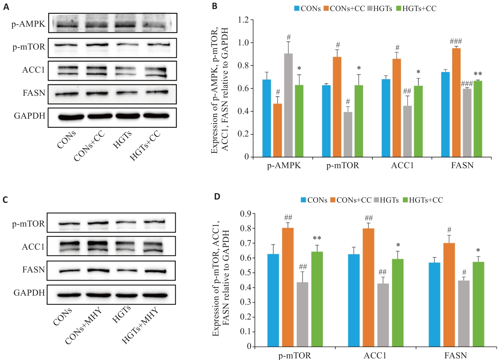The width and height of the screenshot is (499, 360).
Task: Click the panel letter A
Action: [x=6, y=7]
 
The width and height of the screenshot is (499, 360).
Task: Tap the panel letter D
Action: [x=217, y=197]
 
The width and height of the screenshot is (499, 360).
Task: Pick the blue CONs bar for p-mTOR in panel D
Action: [x=273, y=300]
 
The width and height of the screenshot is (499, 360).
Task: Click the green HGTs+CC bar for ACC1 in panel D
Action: [x=398, y=302]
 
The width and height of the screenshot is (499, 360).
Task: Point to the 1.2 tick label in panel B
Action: [x=243, y=20]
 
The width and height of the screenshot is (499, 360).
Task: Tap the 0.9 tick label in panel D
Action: [x=246, y=214]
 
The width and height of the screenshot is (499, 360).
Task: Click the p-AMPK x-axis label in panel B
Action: [x=284, y=165]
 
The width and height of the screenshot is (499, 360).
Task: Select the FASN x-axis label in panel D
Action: [x=456, y=356]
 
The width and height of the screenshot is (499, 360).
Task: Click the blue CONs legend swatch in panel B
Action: [x=297, y=9]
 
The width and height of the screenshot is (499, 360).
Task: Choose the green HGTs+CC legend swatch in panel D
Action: [x=405, y=200]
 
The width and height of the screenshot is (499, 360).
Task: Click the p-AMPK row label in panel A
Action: [x=28, y=24]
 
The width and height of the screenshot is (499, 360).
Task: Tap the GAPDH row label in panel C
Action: [x=29, y=293]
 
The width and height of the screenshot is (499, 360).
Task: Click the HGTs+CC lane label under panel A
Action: [x=145, y=146]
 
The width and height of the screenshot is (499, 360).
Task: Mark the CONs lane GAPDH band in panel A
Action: [x=71, y=117]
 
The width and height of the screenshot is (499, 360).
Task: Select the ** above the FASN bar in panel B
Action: [x=478, y=74]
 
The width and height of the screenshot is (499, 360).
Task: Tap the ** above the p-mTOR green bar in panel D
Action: [x=317, y=238]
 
